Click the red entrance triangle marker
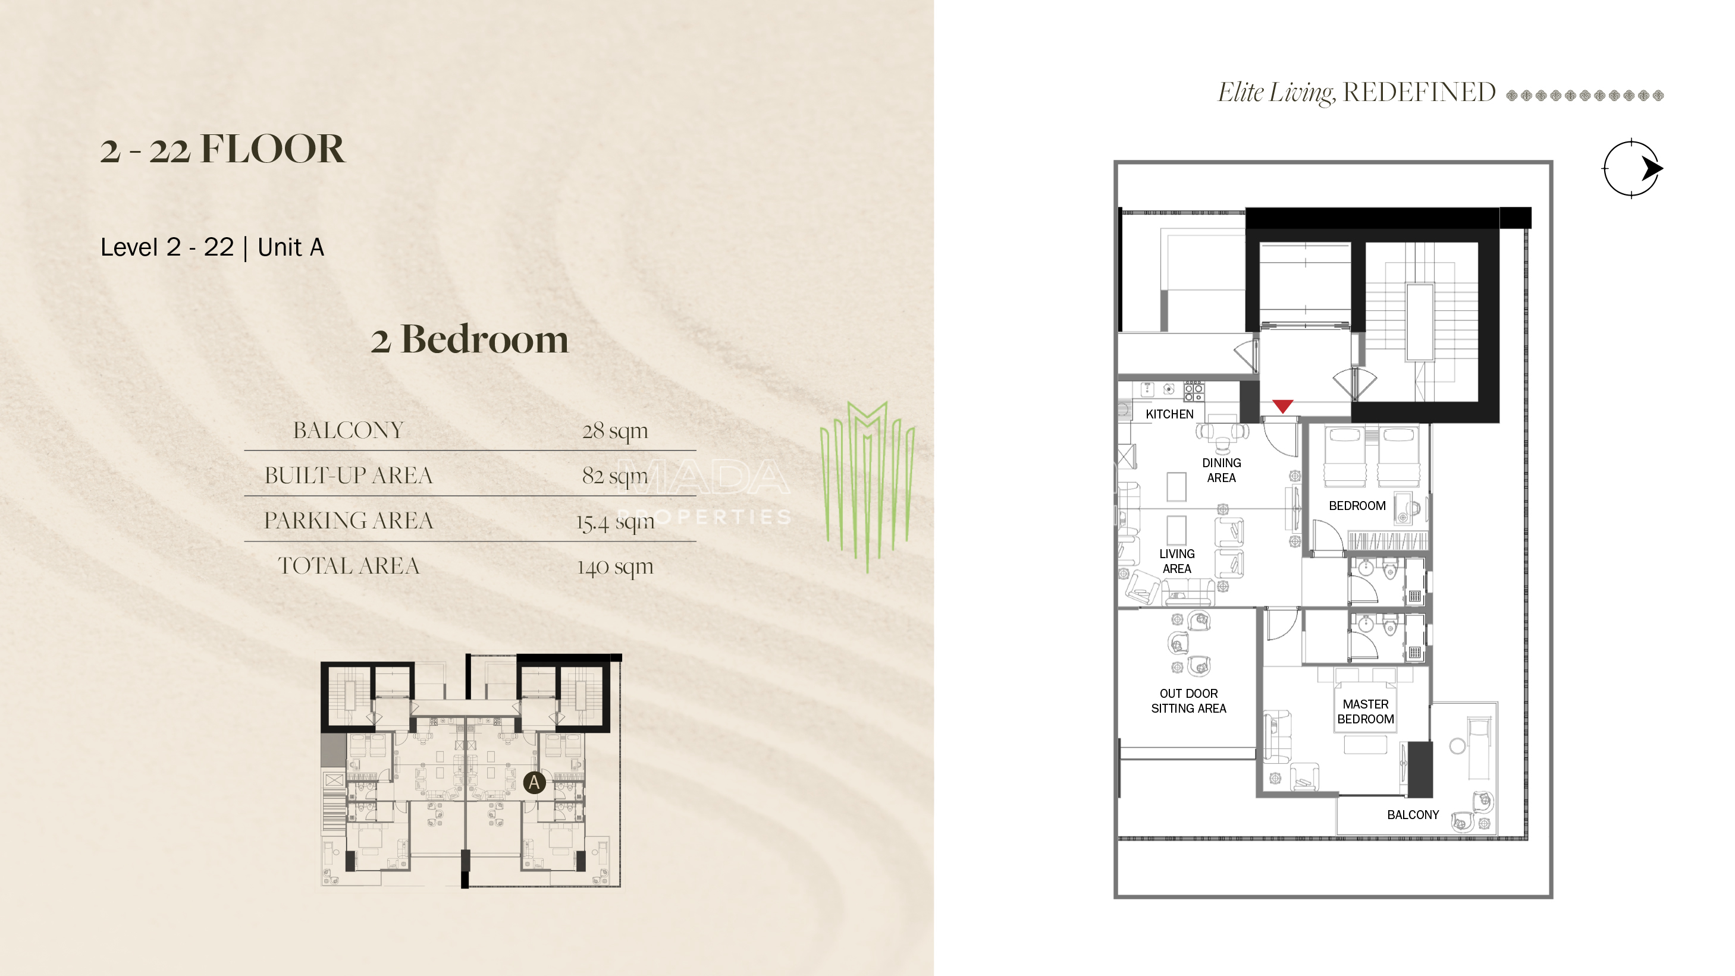click(1282, 406)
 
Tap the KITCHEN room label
click(1169, 414)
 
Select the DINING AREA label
click(1221, 470)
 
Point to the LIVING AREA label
click(1176, 561)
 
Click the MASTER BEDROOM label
click(1365, 711)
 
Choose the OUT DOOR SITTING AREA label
click(1188, 701)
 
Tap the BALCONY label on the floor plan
click(1413, 814)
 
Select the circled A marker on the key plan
click(534, 782)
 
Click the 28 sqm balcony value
click(615, 430)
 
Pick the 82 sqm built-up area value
click(615, 475)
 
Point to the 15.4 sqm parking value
click(615, 521)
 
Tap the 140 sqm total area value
click(615, 566)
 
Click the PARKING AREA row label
click(348, 520)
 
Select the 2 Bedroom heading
click(469, 339)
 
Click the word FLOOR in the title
click(273, 148)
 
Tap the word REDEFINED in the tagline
click(1419, 92)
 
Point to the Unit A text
click(291, 247)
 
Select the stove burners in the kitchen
click(1194, 391)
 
